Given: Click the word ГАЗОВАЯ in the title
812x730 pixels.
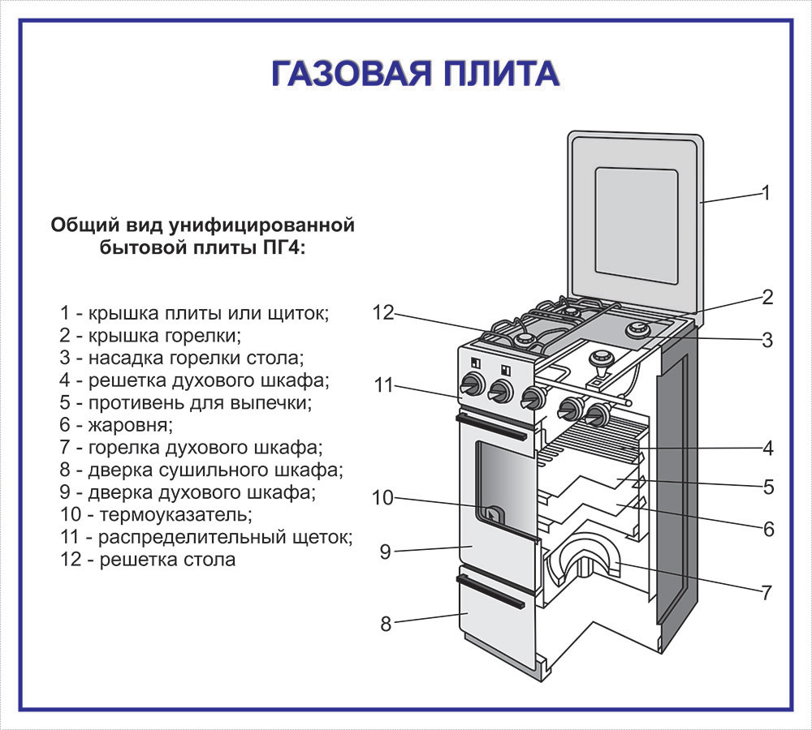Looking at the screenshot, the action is click(x=351, y=74).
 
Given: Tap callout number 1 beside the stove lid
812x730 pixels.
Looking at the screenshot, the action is click(x=766, y=193).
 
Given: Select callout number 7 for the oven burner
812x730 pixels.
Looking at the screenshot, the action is click(x=767, y=592).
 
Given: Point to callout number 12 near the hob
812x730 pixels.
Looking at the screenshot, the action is click(x=384, y=312).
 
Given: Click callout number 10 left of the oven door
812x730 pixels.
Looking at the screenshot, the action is click(x=383, y=498).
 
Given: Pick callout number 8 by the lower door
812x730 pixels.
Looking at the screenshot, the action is click(x=386, y=624).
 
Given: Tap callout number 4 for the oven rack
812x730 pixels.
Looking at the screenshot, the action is click(x=768, y=448).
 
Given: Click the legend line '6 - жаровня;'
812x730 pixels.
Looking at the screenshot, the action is click(x=116, y=425).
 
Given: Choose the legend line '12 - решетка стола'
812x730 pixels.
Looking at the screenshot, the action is click(x=148, y=560).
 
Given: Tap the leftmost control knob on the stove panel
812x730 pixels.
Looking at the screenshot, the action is click(x=473, y=385).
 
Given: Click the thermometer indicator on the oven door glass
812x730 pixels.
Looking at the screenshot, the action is click(x=492, y=515).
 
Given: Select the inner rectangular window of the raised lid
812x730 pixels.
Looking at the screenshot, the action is click(x=637, y=225).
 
